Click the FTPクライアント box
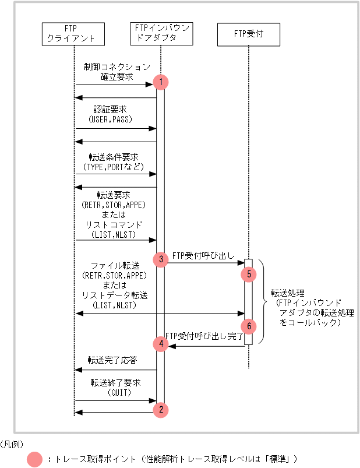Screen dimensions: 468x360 (x=74, y=34)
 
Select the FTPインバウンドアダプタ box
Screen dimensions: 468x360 (x=161, y=34)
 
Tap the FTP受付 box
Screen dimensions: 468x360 (x=249, y=34)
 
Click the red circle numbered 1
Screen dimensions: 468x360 (x=161, y=83)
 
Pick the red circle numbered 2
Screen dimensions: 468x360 (x=161, y=410)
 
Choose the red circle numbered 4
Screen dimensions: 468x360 (x=161, y=344)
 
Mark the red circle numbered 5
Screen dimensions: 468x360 (x=249, y=273)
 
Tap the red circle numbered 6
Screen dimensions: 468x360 (x=249, y=325)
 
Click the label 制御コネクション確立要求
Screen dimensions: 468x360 (x=117, y=72)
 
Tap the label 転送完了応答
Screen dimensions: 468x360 (x=112, y=361)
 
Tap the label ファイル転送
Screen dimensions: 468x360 (x=115, y=266)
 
